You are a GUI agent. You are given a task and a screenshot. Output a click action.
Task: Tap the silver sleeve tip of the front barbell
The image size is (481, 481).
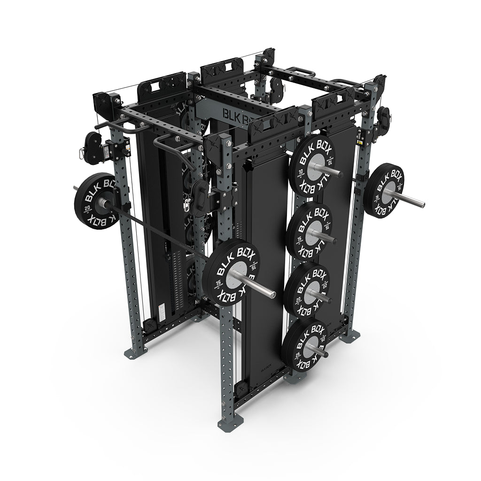270,292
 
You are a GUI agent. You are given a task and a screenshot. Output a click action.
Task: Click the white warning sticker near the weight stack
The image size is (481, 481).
161,310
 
